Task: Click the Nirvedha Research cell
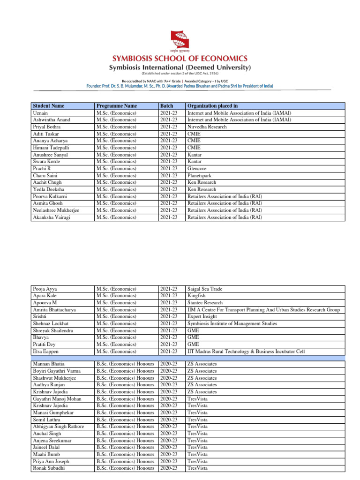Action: [x=207, y=127]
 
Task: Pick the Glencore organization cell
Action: [x=196, y=169]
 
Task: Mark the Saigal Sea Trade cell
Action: [x=204, y=289]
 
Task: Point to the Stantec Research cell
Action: [x=205, y=303]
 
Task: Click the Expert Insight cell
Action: [x=202, y=317]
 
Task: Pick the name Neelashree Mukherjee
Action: [x=56, y=210]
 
